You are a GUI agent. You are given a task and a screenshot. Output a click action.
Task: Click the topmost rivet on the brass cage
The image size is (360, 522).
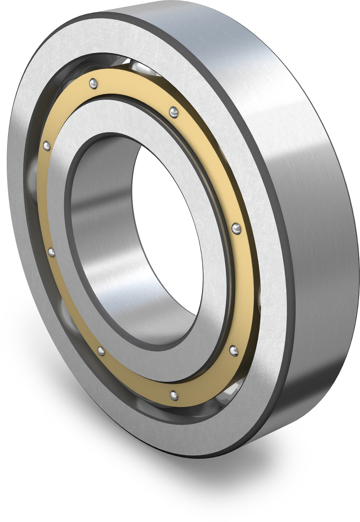point(93,84)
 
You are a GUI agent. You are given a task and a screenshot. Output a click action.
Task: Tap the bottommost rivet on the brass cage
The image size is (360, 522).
point(174,396)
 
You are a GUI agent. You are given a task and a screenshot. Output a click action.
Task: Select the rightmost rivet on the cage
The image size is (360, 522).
point(236,229)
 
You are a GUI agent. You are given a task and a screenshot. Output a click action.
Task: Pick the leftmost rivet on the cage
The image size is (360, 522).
point(47,146)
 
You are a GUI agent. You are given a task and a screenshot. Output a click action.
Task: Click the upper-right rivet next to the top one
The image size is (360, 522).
point(174,112)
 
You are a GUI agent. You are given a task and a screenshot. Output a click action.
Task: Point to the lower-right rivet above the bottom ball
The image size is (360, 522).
point(234,351)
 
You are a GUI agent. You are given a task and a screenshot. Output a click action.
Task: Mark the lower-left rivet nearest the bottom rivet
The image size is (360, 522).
point(101,351)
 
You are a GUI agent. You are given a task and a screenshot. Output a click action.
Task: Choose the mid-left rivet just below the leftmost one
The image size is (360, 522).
point(52,252)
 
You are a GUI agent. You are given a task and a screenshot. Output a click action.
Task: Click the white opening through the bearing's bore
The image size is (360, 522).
point(168,228)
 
